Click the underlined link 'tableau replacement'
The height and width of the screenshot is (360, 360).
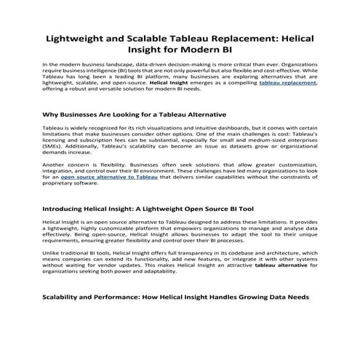[x=288, y=84]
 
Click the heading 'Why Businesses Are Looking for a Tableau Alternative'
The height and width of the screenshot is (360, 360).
[x=135, y=115]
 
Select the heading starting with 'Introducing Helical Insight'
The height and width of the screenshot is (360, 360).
[x=148, y=207]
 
